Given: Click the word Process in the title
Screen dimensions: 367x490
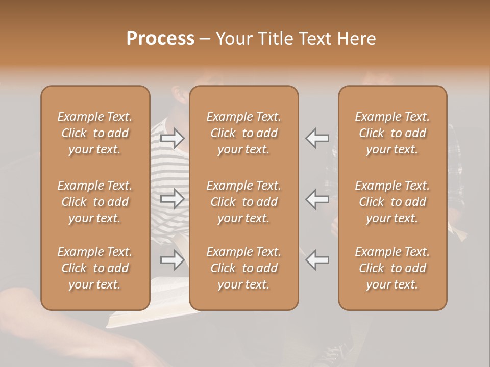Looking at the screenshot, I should pos(160,39).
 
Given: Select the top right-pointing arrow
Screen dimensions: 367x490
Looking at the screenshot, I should pos(173,138).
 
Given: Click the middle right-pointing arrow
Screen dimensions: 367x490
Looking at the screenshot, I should pos(173,199).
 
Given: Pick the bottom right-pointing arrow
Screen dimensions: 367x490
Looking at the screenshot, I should pos(173,260).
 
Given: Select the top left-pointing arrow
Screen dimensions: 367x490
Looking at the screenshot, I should pos(317,138).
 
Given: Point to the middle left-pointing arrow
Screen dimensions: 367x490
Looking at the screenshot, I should pos(317,199).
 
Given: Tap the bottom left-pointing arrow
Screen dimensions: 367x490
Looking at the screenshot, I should pos(317,260).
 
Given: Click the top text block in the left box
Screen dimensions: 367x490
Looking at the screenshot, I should pos(95,133).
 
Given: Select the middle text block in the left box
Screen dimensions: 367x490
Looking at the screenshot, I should pos(95,202).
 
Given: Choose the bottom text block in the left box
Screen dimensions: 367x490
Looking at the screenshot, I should pos(95,268).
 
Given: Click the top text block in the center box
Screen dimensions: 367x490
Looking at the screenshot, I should pos(244,133).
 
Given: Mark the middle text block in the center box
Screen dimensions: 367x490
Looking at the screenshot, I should pos(244,202).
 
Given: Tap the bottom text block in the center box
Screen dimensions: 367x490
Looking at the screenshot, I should pos(244,268).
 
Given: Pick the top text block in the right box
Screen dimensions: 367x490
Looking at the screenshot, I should pos(393,133).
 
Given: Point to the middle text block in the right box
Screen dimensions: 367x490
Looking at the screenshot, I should pos(393,202).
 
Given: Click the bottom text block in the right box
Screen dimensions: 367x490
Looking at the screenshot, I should pos(393,268).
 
